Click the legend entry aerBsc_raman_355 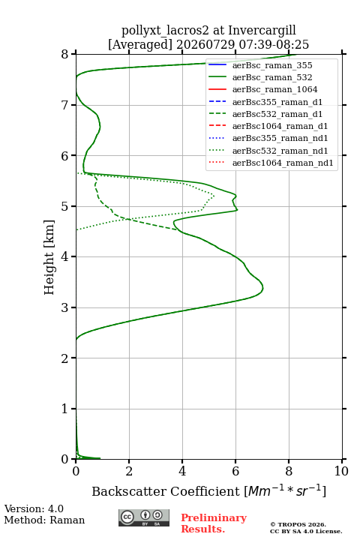272,65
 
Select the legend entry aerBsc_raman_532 272,77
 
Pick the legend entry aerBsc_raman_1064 275,89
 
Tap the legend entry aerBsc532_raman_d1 277,114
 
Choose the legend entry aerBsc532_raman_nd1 280,151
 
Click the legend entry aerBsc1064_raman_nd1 283,163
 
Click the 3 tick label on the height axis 64,307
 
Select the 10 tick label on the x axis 341,471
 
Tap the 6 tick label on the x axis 235,471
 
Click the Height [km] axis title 49,257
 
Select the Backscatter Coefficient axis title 208,490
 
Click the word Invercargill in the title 262,31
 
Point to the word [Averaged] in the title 140,45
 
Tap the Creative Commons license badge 144,517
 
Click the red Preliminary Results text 214,523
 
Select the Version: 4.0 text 34,508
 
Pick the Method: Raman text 44,520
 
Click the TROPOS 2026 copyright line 298,524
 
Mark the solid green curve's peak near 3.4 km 262,287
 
